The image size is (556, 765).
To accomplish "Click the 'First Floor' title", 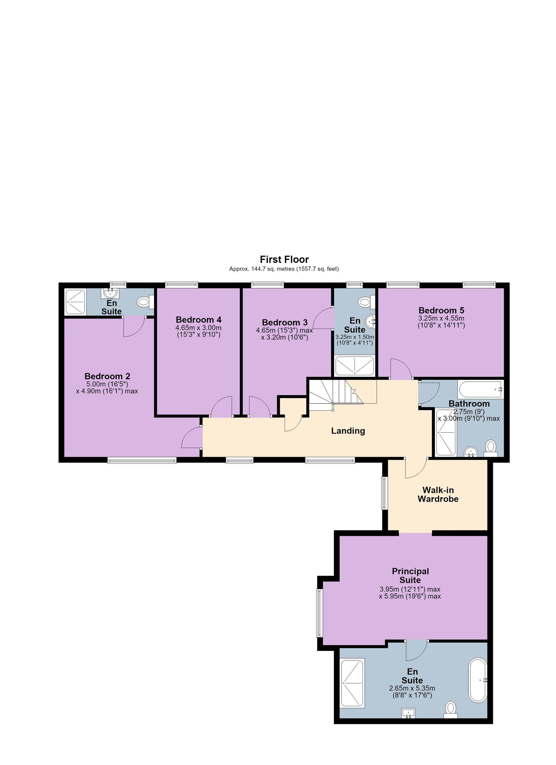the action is (284, 259).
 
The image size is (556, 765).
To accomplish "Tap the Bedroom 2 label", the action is (107, 376).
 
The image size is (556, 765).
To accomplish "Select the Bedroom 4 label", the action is (198, 319).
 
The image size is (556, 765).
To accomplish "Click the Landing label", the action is (348, 431).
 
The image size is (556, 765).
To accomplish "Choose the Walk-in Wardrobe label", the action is (438, 495).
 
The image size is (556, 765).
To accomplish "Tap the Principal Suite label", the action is (410, 576).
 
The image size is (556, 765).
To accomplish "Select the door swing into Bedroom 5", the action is (401, 369).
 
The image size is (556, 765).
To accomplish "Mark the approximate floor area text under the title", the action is (284, 269).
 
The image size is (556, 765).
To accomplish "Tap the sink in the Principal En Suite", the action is (408, 712).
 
